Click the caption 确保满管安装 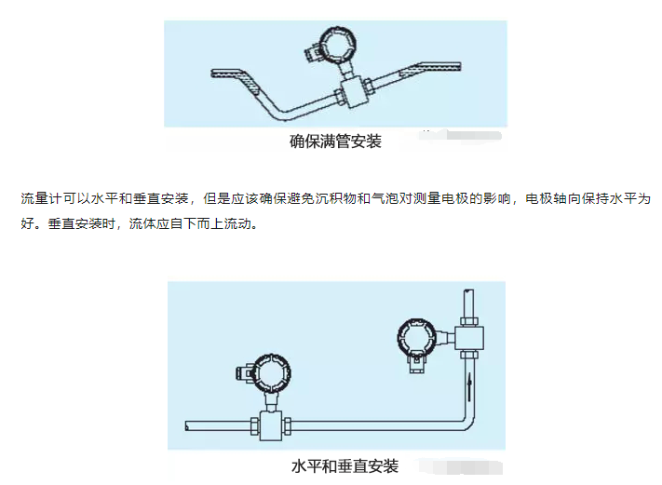pos(335,141)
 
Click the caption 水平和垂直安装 pos(345,465)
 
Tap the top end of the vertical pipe pos(467,297)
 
